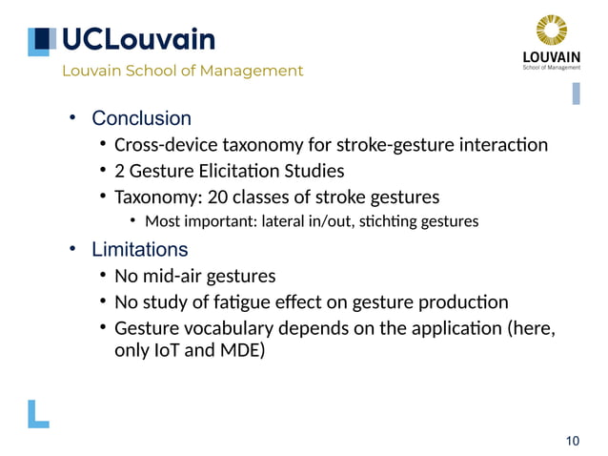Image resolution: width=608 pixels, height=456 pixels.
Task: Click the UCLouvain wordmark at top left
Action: click(138, 39)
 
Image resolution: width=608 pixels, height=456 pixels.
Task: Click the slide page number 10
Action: click(572, 440)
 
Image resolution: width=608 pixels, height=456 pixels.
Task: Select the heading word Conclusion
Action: click(141, 118)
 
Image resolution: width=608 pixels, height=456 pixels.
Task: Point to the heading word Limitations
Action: click(139, 250)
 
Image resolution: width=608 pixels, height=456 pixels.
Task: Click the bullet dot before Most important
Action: click(133, 222)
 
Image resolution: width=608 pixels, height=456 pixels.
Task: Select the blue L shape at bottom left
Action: click(38, 412)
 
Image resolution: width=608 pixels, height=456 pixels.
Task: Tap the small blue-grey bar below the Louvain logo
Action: click(576, 93)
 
